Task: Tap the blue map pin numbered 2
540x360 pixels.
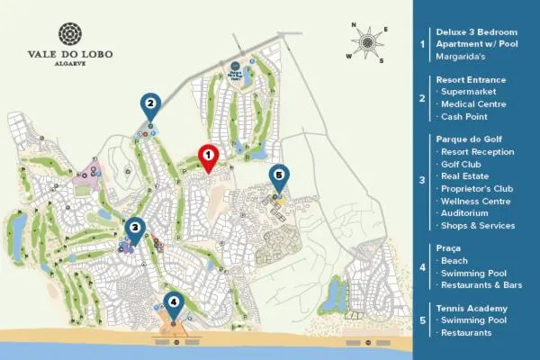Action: pos(150,105)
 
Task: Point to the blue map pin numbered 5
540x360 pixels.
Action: pos(278,176)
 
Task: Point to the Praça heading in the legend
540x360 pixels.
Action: pos(450,247)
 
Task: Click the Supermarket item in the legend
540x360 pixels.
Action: pos(472,92)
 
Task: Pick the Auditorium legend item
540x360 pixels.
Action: pos(467,212)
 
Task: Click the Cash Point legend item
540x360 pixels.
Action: pos(465,116)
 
